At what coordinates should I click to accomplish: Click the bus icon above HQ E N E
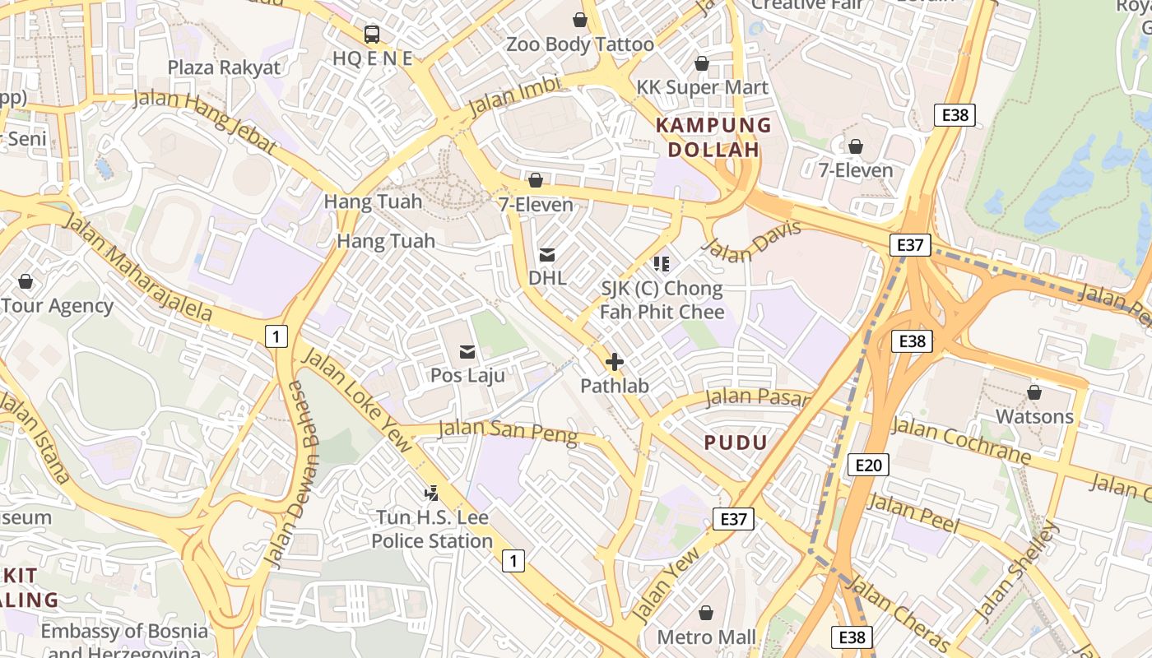372,34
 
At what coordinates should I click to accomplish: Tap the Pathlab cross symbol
614,361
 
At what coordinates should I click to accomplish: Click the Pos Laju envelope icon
467,352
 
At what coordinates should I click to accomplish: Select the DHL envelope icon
547,254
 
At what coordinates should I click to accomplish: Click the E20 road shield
867,466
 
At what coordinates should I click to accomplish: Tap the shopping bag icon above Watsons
1034,392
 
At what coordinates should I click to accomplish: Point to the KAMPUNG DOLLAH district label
713,137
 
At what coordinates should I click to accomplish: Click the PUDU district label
736,443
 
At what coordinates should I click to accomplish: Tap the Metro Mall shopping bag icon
705,613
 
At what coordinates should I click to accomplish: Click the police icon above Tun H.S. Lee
431,493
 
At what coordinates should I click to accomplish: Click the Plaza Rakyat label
224,67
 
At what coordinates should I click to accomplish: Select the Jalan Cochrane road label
960,441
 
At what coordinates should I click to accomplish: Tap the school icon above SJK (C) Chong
662,263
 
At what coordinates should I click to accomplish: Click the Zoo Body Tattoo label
580,44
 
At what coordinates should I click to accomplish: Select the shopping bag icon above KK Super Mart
702,63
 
